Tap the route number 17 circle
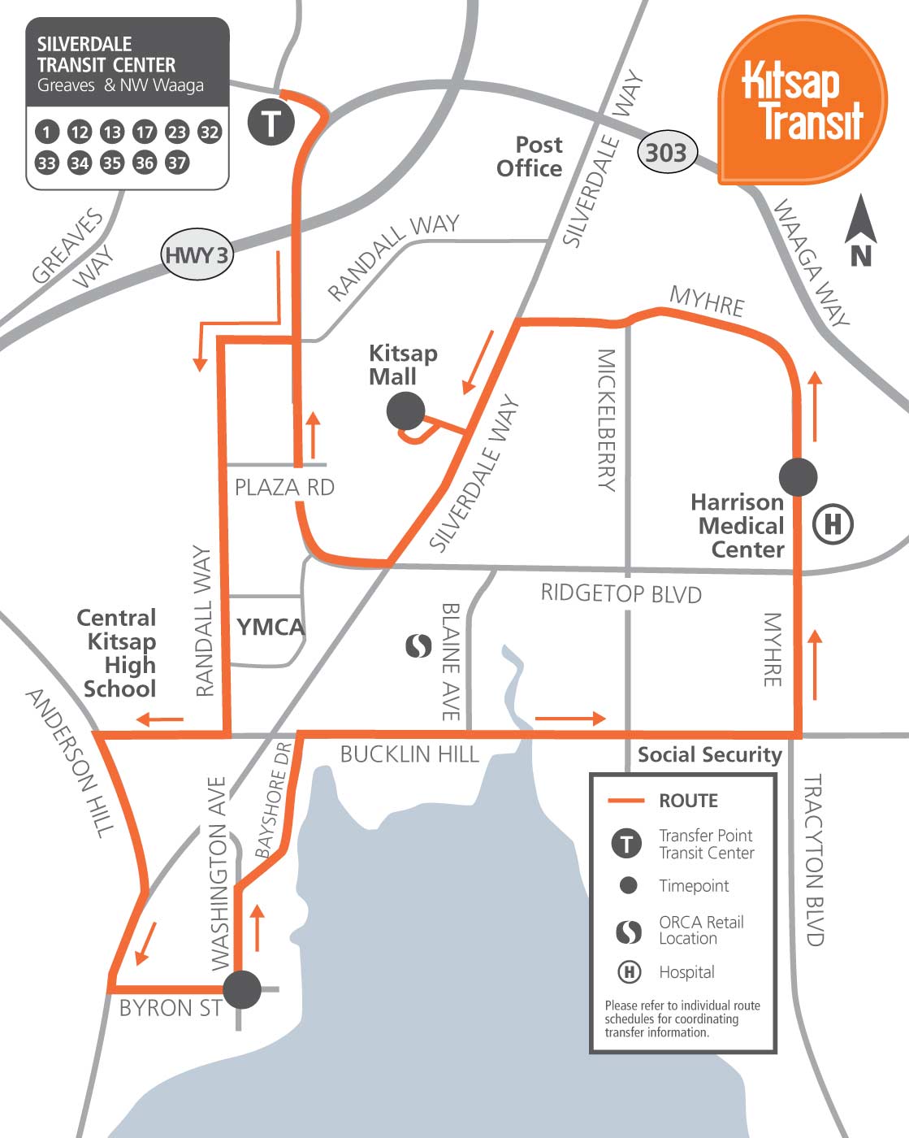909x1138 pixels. pos(145,132)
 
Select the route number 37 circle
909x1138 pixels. pos(177,163)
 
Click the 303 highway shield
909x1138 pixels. pos(666,152)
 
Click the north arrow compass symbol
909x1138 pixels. pos(861,232)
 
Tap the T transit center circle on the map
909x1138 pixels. pos(271,123)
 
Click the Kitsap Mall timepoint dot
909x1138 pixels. pos(405,411)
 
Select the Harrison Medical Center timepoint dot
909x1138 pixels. pos(799,477)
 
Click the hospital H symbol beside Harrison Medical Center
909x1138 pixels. pos(833,524)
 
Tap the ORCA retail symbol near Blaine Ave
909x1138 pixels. pos(418,646)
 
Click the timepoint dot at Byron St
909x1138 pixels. pos(242,989)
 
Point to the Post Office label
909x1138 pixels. pos(530,157)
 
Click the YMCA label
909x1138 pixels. pos(271,628)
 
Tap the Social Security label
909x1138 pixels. pos(708,755)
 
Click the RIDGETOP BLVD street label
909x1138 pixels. pos(621,593)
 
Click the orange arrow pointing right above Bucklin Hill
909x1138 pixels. pos(570,719)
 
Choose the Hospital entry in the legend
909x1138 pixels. pos(686,972)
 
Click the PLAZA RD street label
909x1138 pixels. pos(284,488)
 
